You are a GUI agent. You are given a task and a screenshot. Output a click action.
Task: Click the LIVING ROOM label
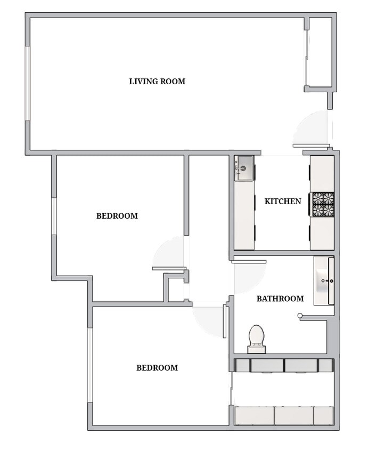click(x=157, y=82)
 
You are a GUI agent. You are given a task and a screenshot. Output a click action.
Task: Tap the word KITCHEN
click(x=283, y=202)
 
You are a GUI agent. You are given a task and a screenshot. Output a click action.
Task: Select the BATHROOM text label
click(x=280, y=299)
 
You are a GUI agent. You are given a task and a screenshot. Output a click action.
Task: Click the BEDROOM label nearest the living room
click(x=117, y=216)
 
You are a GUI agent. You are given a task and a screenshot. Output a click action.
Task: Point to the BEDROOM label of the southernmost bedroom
click(x=157, y=368)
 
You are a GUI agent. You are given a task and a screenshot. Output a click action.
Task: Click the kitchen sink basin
click(x=244, y=168)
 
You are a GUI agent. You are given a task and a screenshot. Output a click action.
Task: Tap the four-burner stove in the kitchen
click(x=323, y=204)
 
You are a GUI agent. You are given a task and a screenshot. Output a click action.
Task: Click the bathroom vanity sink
click(x=323, y=280)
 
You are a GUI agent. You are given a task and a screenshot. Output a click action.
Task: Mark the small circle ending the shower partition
click(x=300, y=317)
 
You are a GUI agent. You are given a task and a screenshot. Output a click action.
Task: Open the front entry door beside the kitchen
click(x=311, y=146)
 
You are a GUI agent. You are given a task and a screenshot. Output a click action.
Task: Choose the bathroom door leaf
click(x=249, y=261)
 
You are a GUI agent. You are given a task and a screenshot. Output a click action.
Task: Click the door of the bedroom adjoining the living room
click(x=169, y=268)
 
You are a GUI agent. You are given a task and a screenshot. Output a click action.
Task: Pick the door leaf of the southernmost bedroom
click(x=225, y=322)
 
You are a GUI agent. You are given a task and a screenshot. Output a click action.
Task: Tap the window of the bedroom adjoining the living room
click(x=54, y=216)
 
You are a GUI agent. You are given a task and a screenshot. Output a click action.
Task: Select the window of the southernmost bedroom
click(x=90, y=365)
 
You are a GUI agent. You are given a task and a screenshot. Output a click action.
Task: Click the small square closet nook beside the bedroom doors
click(x=175, y=288)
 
